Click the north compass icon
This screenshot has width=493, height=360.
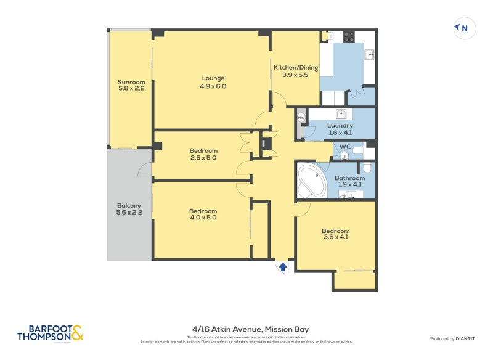coord(464,28)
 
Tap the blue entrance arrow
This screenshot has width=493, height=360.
coord(283,267)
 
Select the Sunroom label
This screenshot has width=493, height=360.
coord(131,82)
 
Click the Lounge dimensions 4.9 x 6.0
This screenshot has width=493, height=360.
coord(213,86)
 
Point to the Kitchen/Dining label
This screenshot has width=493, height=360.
coord(295,67)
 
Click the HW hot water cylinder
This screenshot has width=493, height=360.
coord(301,117)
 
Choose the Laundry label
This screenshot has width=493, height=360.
coord(340,125)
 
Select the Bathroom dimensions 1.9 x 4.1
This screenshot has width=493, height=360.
coord(349,184)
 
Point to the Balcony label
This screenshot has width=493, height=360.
coord(129,206)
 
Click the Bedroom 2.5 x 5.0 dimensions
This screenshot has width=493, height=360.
coord(203,158)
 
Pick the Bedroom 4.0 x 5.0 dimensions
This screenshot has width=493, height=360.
coord(203,218)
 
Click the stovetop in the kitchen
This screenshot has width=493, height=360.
coord(349,36)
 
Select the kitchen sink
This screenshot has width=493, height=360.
coord(370,54)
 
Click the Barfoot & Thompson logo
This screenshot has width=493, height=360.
coord(50,333)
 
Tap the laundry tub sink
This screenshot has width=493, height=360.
coord(340,113)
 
